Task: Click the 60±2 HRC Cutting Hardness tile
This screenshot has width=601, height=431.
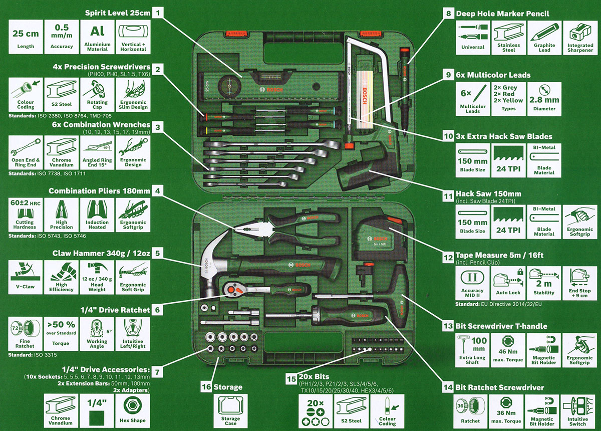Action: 25,213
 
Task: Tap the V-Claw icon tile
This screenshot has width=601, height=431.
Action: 25,276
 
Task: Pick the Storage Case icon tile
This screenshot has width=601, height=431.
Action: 230,410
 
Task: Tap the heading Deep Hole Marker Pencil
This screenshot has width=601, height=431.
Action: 502,14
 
